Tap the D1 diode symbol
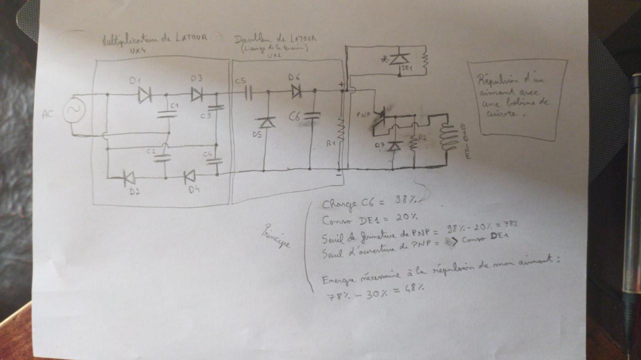tap(144, 94)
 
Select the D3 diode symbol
tap(197, 94)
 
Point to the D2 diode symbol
tap(129, 177)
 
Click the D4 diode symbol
tap(189, 176)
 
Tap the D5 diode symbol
tap(265, 122)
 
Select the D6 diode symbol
tap(296, 91)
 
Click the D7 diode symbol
tap(396, 146)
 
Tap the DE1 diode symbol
tap(400, 59)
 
